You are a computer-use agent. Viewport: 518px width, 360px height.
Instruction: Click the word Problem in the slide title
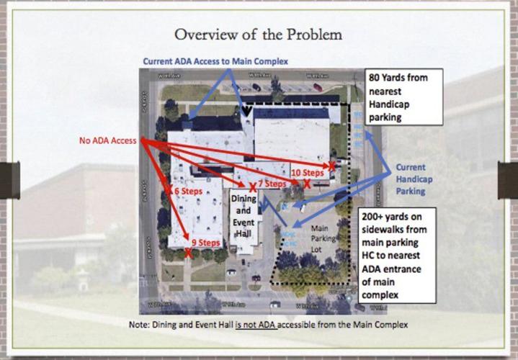[311, 34]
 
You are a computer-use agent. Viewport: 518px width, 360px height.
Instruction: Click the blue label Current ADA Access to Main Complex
[215, 62]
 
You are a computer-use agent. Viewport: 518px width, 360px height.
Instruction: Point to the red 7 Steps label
[273, 184]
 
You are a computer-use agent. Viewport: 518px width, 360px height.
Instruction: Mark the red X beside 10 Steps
[332, 166]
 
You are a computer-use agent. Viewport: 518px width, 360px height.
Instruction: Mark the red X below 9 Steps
[188, 253]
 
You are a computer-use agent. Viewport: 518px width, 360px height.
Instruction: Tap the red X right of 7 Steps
[307, 185]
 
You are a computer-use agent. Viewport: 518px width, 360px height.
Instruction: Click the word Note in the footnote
[140, 325]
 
